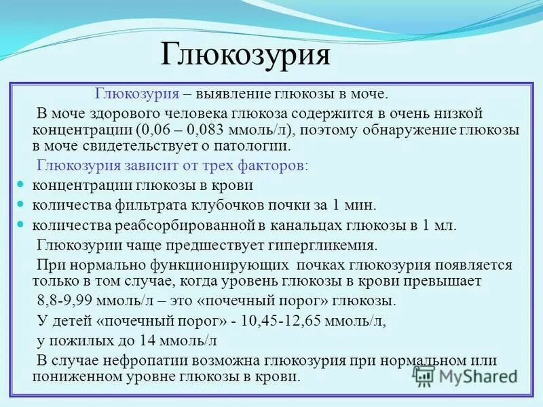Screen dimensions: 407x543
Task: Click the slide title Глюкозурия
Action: pos(245,55)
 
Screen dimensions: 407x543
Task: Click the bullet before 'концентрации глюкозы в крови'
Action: pos(20,185)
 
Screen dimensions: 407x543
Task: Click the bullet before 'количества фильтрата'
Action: pos(20,204)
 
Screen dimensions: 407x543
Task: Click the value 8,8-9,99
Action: pos(69,301)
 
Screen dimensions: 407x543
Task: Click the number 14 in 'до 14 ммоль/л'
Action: pos(145,341)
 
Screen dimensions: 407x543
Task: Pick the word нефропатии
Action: pos(153,360)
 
